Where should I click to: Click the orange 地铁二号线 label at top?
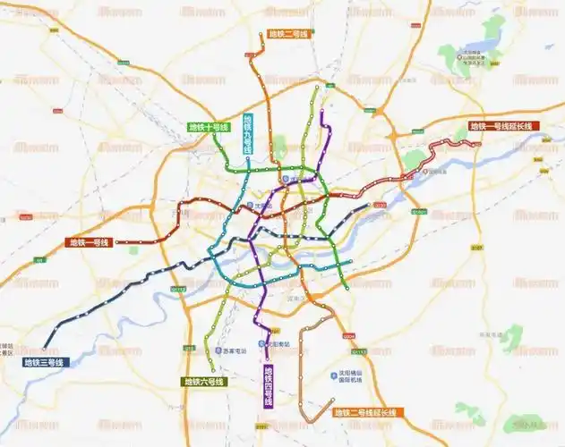(288, 34)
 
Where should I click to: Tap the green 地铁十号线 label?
(209, 127)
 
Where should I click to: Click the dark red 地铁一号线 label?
(90, 242)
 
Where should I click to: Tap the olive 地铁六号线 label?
(204, 382)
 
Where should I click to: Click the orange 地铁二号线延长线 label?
(367, 412)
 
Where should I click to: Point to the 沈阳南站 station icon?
(261, 344)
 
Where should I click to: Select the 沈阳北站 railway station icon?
(287, 179)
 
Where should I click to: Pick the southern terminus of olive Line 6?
(212, 369)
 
